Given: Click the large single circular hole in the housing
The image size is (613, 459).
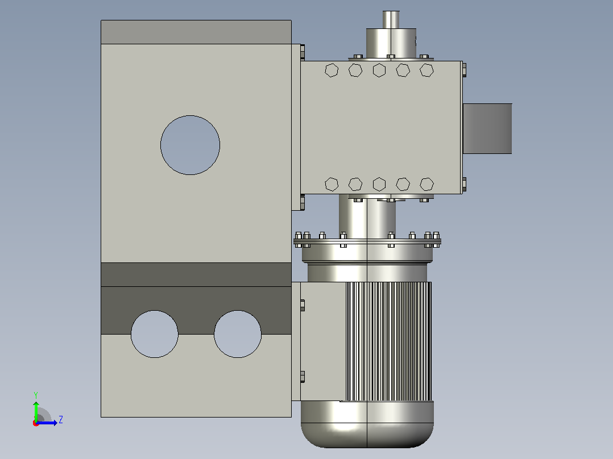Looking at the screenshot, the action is tap(190, 145).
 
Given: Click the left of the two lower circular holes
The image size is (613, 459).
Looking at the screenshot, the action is tap(155, 334).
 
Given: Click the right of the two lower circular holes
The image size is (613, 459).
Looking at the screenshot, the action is tap(238, 334).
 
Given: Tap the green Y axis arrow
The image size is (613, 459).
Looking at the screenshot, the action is tap(36, 411).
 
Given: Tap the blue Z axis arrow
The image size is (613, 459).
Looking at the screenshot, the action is tap(47, 423).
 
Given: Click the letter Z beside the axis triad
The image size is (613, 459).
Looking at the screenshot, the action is tap(61, 420).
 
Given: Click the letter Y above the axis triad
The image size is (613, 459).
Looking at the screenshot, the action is tap(36, 395).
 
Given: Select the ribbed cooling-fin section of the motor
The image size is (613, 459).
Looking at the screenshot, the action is tap(388, 341).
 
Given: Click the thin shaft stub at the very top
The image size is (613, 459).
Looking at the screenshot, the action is tap(391, 19).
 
